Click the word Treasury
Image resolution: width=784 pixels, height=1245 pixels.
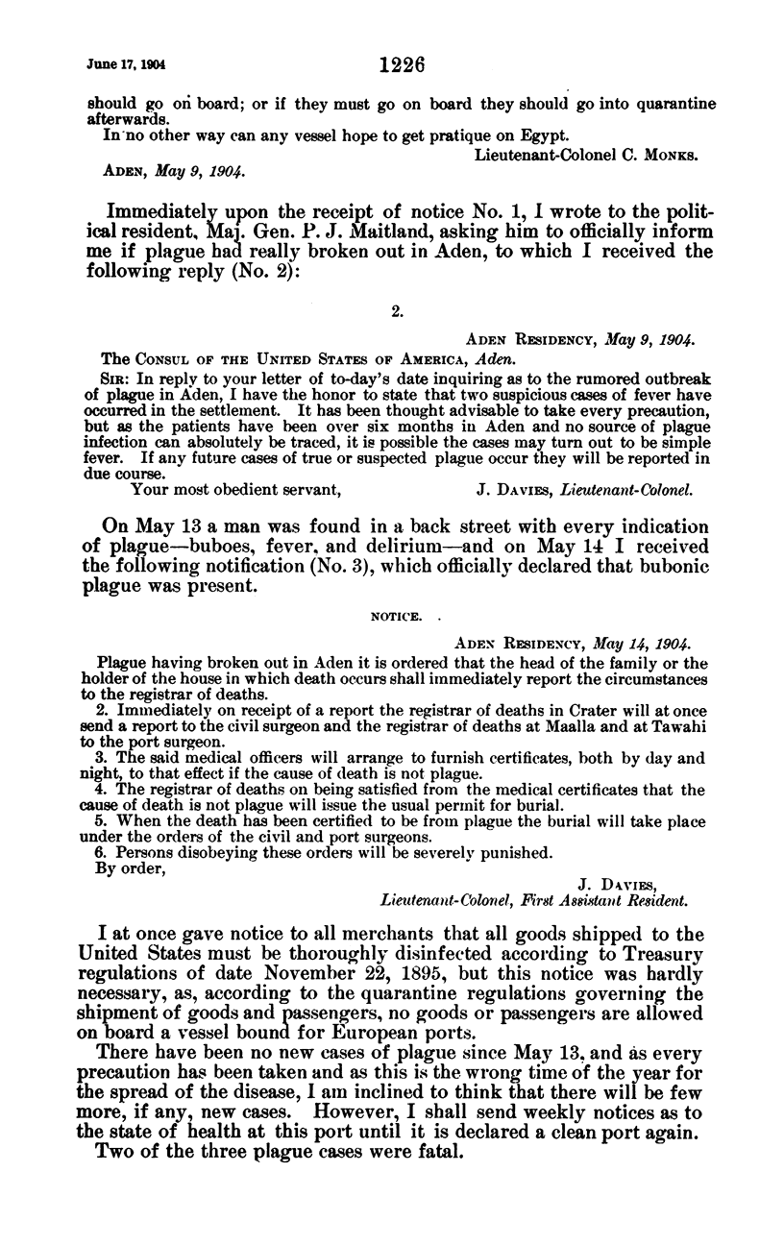click(667, 957)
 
